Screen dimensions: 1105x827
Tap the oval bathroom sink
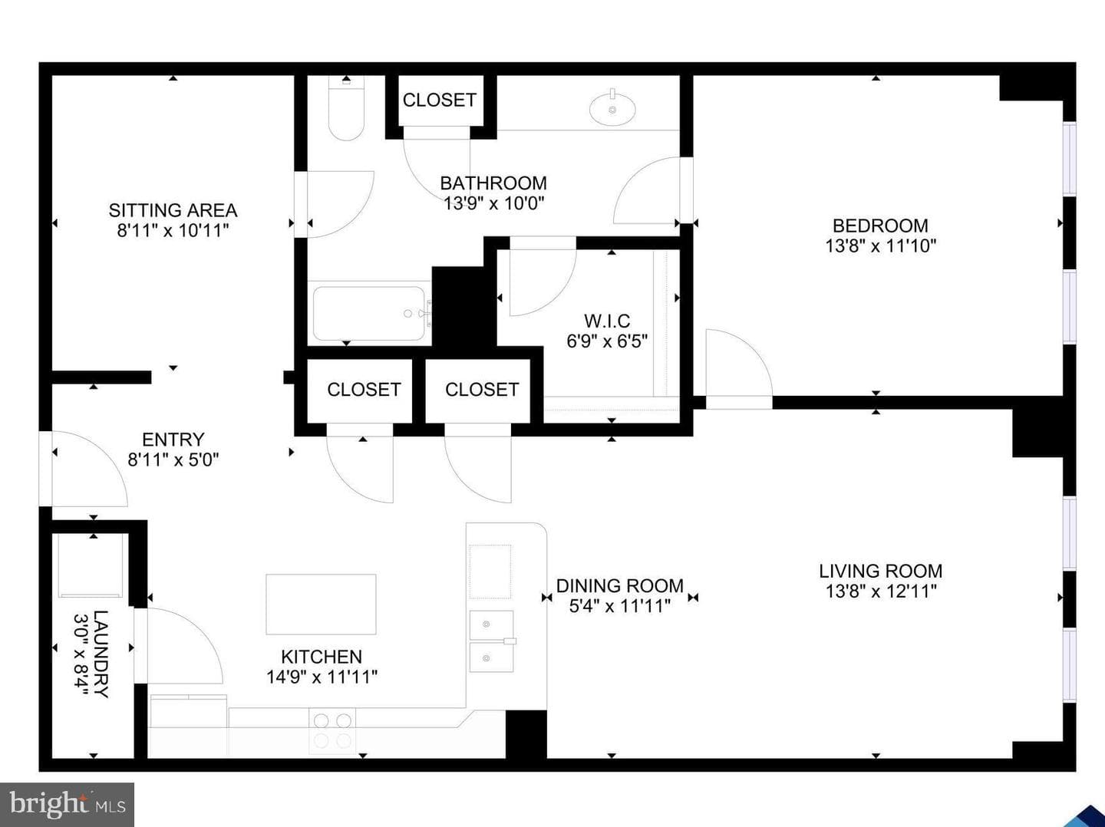coord(612,108)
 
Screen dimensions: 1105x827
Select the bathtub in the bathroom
coord(370,314)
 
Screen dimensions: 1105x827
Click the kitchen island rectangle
coord(321,605)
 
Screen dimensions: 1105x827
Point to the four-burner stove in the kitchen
coord(332,731)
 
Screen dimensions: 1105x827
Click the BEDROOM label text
coord(880,226)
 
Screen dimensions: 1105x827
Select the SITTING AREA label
coord(173,210)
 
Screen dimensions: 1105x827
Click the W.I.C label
coord(607,321)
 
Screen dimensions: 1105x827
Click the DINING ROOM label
coord(620,586)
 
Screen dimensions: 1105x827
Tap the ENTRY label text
coord(173,440)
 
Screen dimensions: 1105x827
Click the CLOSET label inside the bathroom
coord(440,100)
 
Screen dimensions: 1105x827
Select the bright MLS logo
coord(67,804)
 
